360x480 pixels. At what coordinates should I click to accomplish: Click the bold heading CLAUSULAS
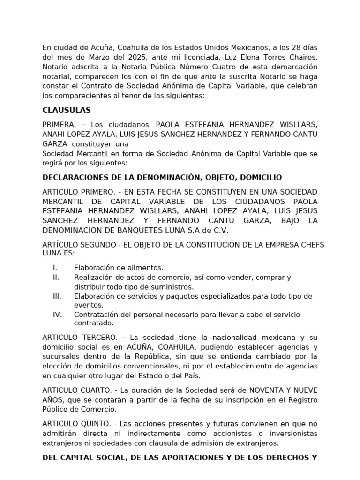pos(67,110)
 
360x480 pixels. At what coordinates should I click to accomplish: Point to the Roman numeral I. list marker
pos(55,268)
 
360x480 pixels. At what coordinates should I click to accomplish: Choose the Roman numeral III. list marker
pos(57,296)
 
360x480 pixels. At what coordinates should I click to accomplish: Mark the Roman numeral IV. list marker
pos(57,315)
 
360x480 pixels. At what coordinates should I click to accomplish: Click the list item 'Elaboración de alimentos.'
pos(119,268)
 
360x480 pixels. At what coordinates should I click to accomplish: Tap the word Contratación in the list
pos(97,315)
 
